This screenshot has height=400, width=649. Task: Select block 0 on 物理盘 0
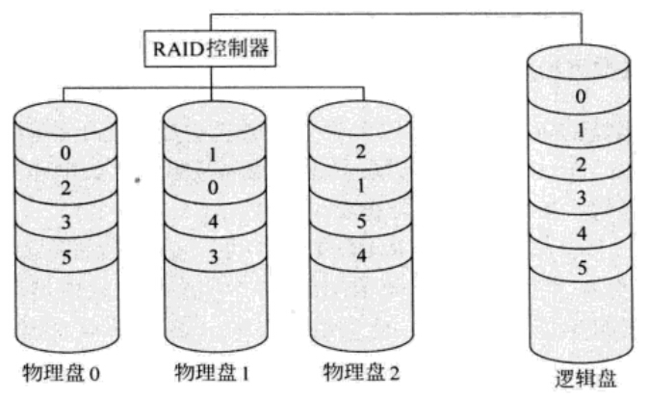tap(65, 152)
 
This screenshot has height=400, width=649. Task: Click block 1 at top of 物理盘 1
tap(212, 153)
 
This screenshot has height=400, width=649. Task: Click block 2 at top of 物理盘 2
tap(361, 151)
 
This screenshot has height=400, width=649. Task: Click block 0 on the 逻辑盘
tap(579, 96)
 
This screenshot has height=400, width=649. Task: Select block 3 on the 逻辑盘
tap(579, 199)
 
